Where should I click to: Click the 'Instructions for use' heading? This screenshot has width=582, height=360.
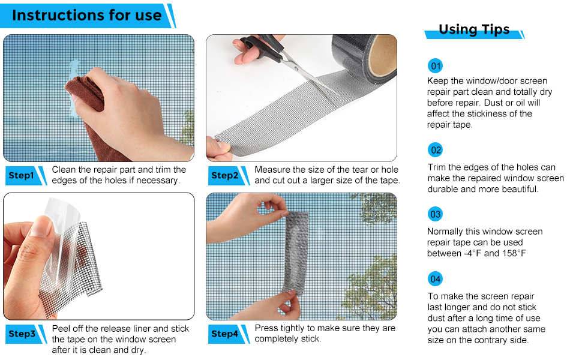(x=87, y=15)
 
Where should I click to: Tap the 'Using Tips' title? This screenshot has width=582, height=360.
(x=474, y=29)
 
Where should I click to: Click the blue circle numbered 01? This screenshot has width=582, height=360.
(x=436, y=66)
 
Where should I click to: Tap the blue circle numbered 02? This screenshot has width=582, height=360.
(x=436, y=150)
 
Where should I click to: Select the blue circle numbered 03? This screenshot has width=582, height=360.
(x=436, y=214)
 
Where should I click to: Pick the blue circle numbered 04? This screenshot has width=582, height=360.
(x=436, y=279)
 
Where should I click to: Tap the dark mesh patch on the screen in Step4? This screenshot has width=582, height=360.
(x=296, y=253)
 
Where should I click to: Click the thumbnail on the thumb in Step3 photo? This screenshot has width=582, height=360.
(x=40, y=227)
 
